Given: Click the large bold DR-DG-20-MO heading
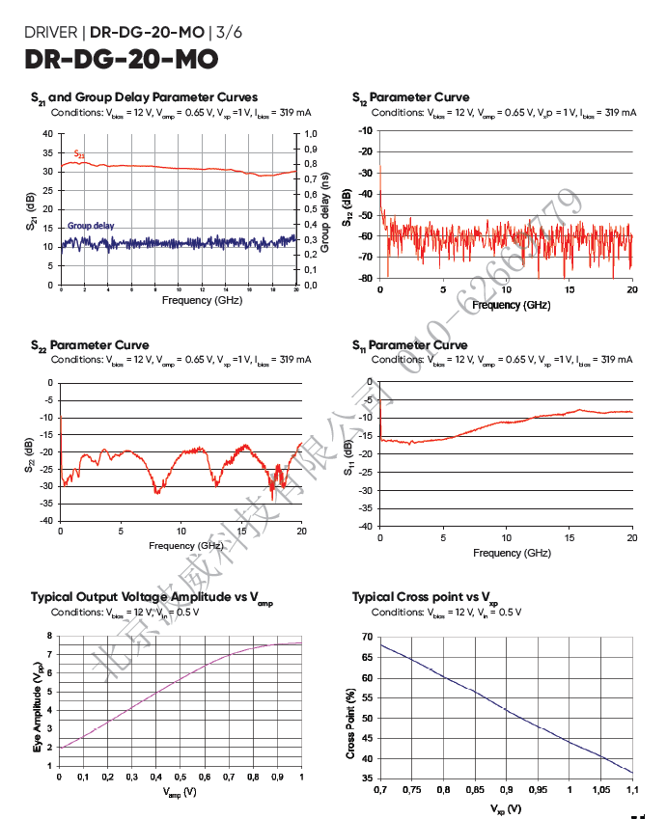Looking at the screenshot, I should point(121,60).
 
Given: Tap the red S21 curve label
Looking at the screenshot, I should point(79,154).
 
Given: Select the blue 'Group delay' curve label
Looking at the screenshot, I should point(91,226).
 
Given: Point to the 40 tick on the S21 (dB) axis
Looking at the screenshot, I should point(48,133).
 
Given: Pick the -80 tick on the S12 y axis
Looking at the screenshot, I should point(366,279).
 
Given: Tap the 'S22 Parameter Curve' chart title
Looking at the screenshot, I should point(90,344).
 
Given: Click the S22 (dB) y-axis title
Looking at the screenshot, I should point(32,452).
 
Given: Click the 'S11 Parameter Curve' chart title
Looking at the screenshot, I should point(410,344).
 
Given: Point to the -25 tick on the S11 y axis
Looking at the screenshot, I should point(364,473).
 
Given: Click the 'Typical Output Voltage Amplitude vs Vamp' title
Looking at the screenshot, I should point(152,597).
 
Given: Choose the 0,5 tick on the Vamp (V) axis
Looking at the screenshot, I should point(181,778).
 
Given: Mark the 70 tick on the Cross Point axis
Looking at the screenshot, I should point(366,637).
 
